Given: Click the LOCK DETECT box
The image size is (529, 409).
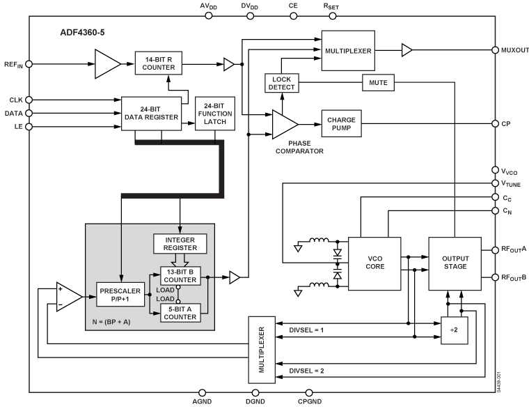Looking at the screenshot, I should tap(282, 82).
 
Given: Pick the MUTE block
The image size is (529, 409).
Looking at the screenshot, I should tap(378, 83).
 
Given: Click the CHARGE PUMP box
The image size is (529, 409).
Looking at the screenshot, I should tap(342, 124).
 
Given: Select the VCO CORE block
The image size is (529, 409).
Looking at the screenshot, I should tap(374, 263).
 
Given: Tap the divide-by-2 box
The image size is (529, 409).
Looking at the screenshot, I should tap(454, 330).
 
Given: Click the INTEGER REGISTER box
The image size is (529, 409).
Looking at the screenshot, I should tap(180, 244).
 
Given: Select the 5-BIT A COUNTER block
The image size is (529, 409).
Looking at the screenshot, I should tap(180, 314).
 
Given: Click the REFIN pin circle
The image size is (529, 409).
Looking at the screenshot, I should tap(29, 64).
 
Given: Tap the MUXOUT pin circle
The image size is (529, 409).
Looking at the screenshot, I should tap(495, 50).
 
